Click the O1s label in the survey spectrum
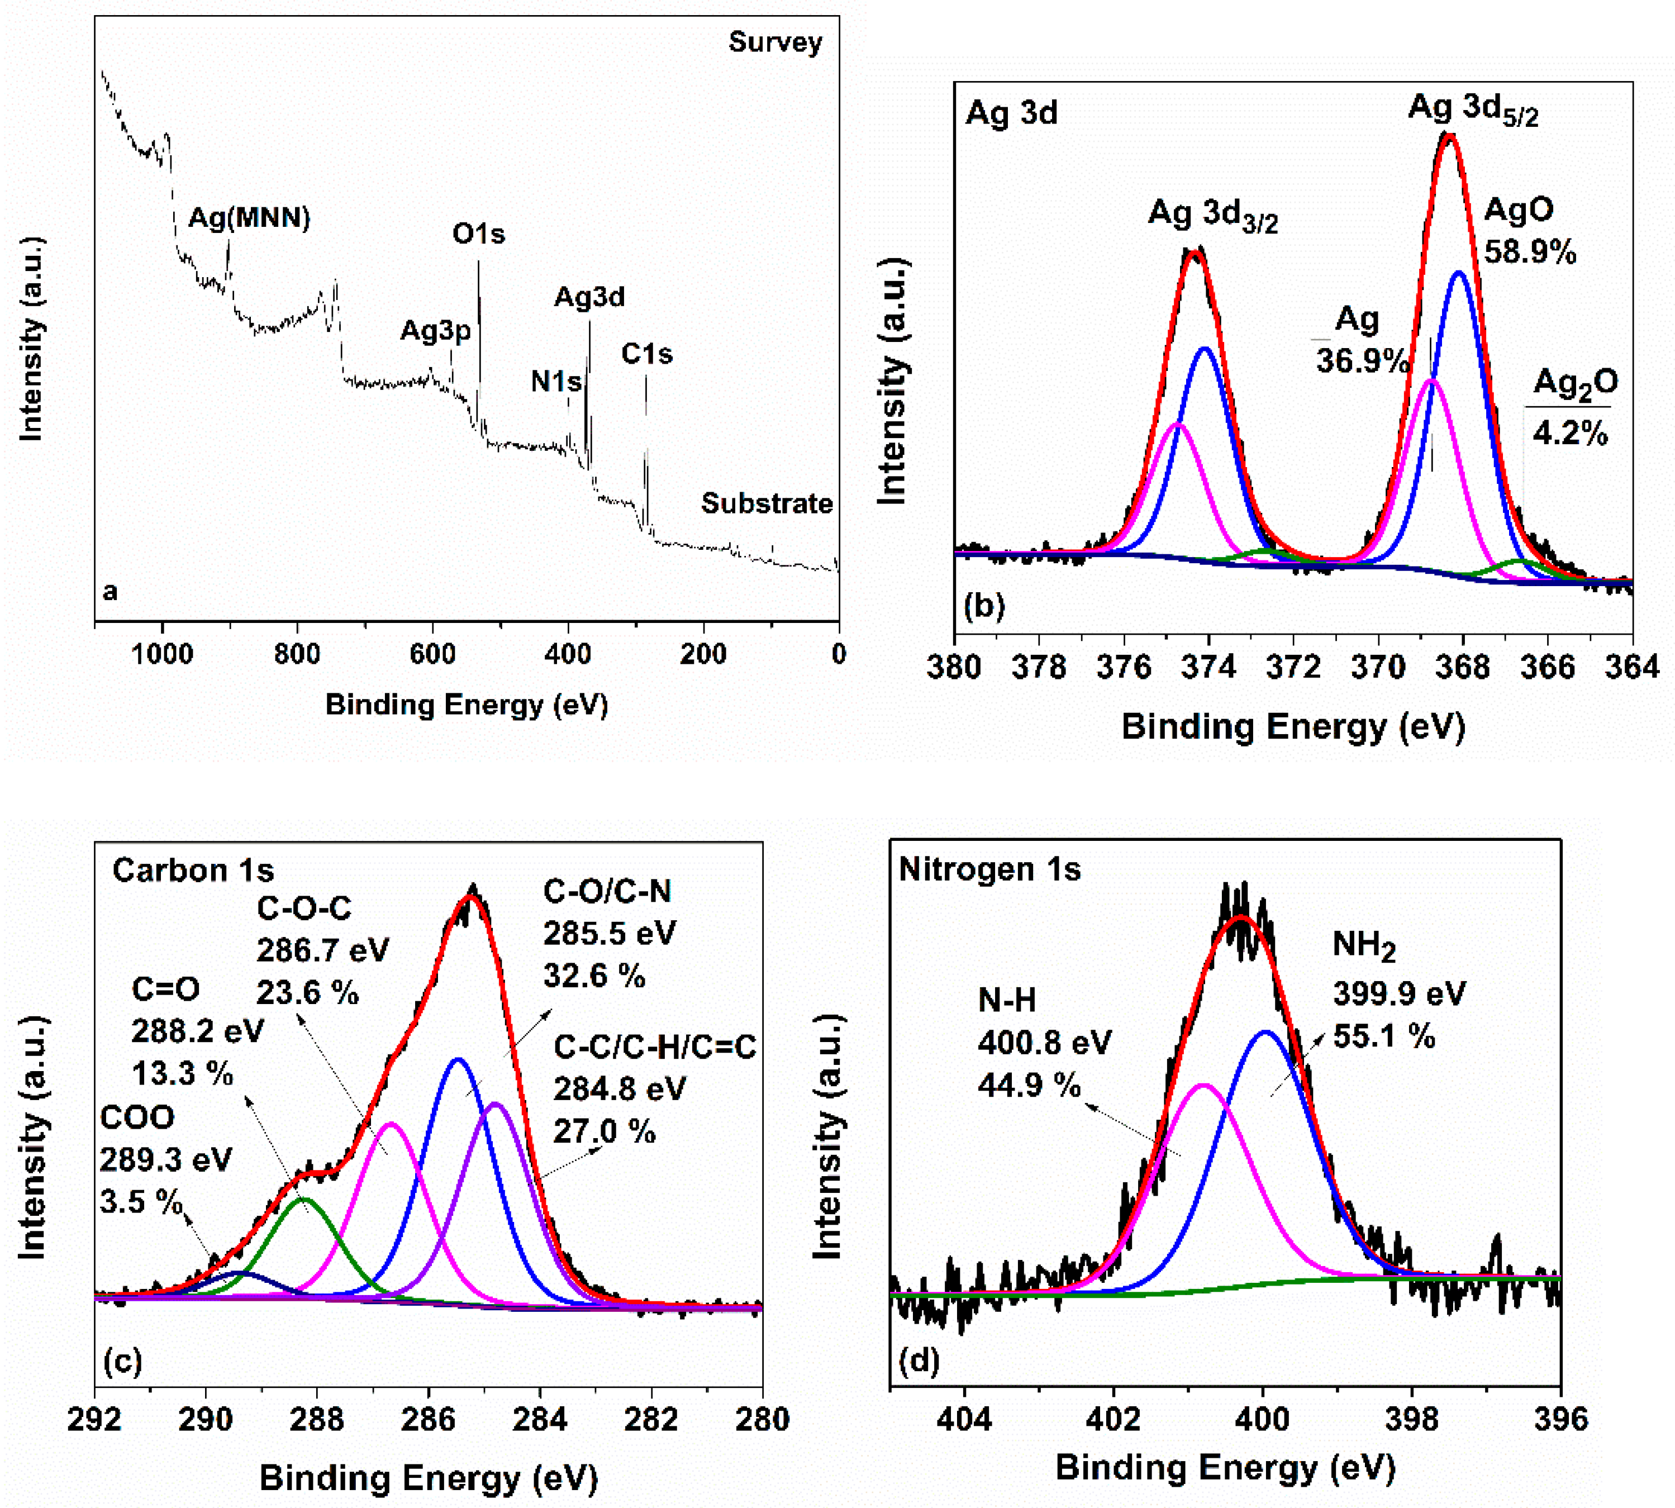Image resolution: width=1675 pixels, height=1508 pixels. coord(478,235)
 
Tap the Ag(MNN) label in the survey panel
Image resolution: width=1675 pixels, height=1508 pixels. coord(249,218)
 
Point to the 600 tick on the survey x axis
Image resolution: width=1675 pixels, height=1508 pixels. coord(432,655)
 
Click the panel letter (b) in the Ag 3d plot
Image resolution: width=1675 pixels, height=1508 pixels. coord(984,606)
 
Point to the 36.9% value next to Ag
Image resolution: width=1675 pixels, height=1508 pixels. coord(1362,361)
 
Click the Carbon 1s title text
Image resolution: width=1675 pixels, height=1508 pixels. coord(193,870)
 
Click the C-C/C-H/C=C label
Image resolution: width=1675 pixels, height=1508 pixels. coord(654,1047)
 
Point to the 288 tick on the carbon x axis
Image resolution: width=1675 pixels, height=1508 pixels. coord(317,1419)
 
